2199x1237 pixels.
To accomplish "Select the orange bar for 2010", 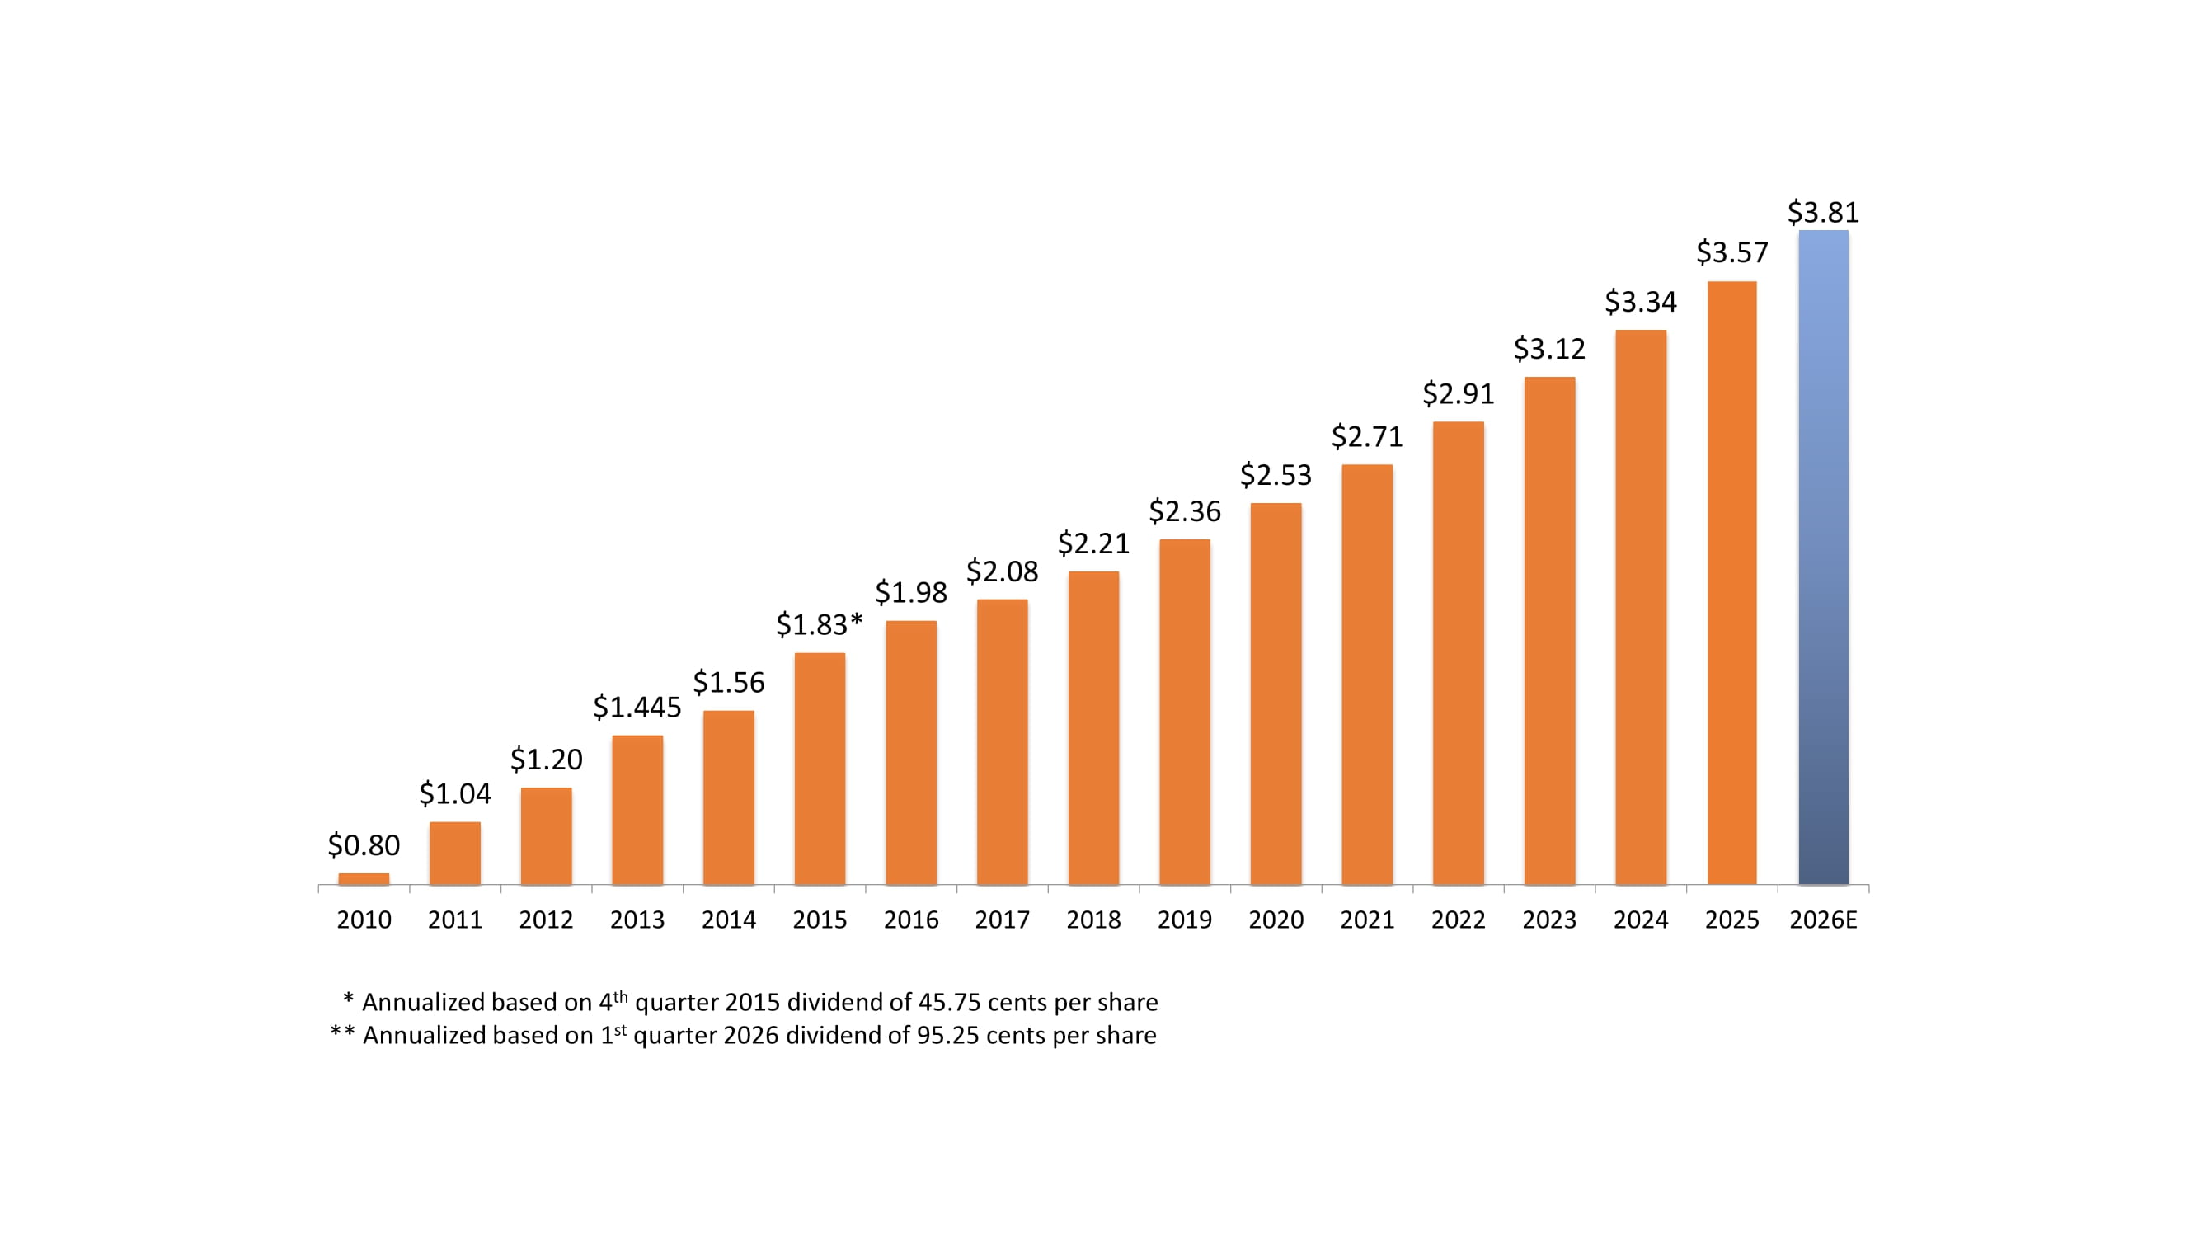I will tap(364, 878).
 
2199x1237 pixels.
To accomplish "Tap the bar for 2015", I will tap(820, 769).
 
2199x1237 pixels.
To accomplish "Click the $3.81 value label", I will tap(1822, 212).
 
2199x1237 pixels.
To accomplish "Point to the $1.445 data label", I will tap(637, 707).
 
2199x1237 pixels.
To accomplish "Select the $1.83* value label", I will tap(819, 624).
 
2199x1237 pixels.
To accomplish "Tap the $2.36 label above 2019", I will tap(1184, 510).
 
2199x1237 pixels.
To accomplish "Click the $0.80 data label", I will tap(364, 845).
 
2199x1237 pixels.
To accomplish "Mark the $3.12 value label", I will tap(1548, 348).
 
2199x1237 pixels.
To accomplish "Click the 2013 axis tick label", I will tap(637, 920).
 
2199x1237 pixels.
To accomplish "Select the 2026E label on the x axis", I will tap(1822, 920).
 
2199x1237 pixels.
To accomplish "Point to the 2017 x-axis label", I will tap(1001, 920).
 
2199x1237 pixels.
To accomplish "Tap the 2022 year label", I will tap(1457, 920).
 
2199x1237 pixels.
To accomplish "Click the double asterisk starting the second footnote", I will tap(342, 1034).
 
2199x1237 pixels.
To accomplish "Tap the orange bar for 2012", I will tap(546, 835).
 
